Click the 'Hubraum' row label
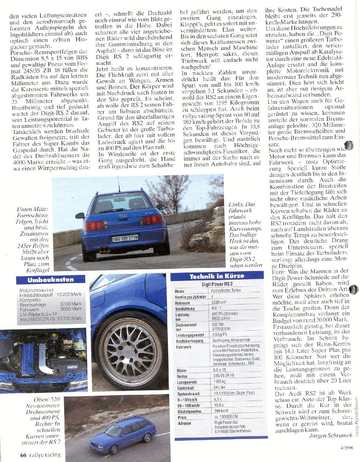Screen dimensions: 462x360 pyautogui.click(x=182, y=303)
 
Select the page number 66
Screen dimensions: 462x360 pyautogui.click(x=23, y=454)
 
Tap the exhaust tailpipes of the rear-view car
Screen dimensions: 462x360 pyautogui.click(x=104, y=249)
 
